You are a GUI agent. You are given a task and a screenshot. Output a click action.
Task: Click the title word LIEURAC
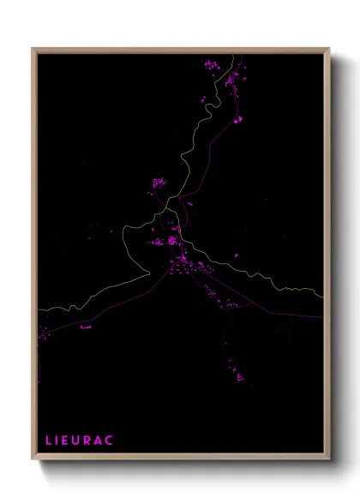click(x=79, y=440)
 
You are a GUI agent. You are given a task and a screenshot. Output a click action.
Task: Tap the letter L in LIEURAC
click(x=49, y=440)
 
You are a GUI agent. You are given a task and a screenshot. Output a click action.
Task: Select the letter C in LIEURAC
click(x=109, y=440)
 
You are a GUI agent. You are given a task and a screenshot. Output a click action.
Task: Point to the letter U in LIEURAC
click(x=78, y=440)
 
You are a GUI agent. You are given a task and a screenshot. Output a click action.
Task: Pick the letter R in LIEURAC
click(x=88, y=440)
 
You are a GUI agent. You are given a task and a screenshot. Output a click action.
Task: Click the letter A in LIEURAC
click(x=99, y=440)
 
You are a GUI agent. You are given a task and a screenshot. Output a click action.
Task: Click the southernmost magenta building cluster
click(x=239, y=375)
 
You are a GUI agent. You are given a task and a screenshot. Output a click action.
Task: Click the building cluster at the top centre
click(x=211, y=64)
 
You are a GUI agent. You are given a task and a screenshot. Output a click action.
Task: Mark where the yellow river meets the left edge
click(x=38, y=310)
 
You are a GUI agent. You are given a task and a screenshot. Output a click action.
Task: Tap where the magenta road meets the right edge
click(x=322, y=316)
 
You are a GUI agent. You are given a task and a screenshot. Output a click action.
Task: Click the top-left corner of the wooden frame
click(x=33, y=49)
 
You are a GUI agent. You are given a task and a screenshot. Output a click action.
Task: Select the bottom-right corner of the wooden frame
click(x=329, y=458)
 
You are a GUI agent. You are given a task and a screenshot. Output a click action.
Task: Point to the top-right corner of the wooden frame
click(x=329, y=49)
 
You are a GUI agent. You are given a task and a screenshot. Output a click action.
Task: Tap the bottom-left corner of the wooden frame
click(x=33, y=458)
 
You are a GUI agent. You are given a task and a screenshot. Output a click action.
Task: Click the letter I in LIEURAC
click(x=57, y=440)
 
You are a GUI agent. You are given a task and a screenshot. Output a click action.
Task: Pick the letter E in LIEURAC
click(x=67, y=440)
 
